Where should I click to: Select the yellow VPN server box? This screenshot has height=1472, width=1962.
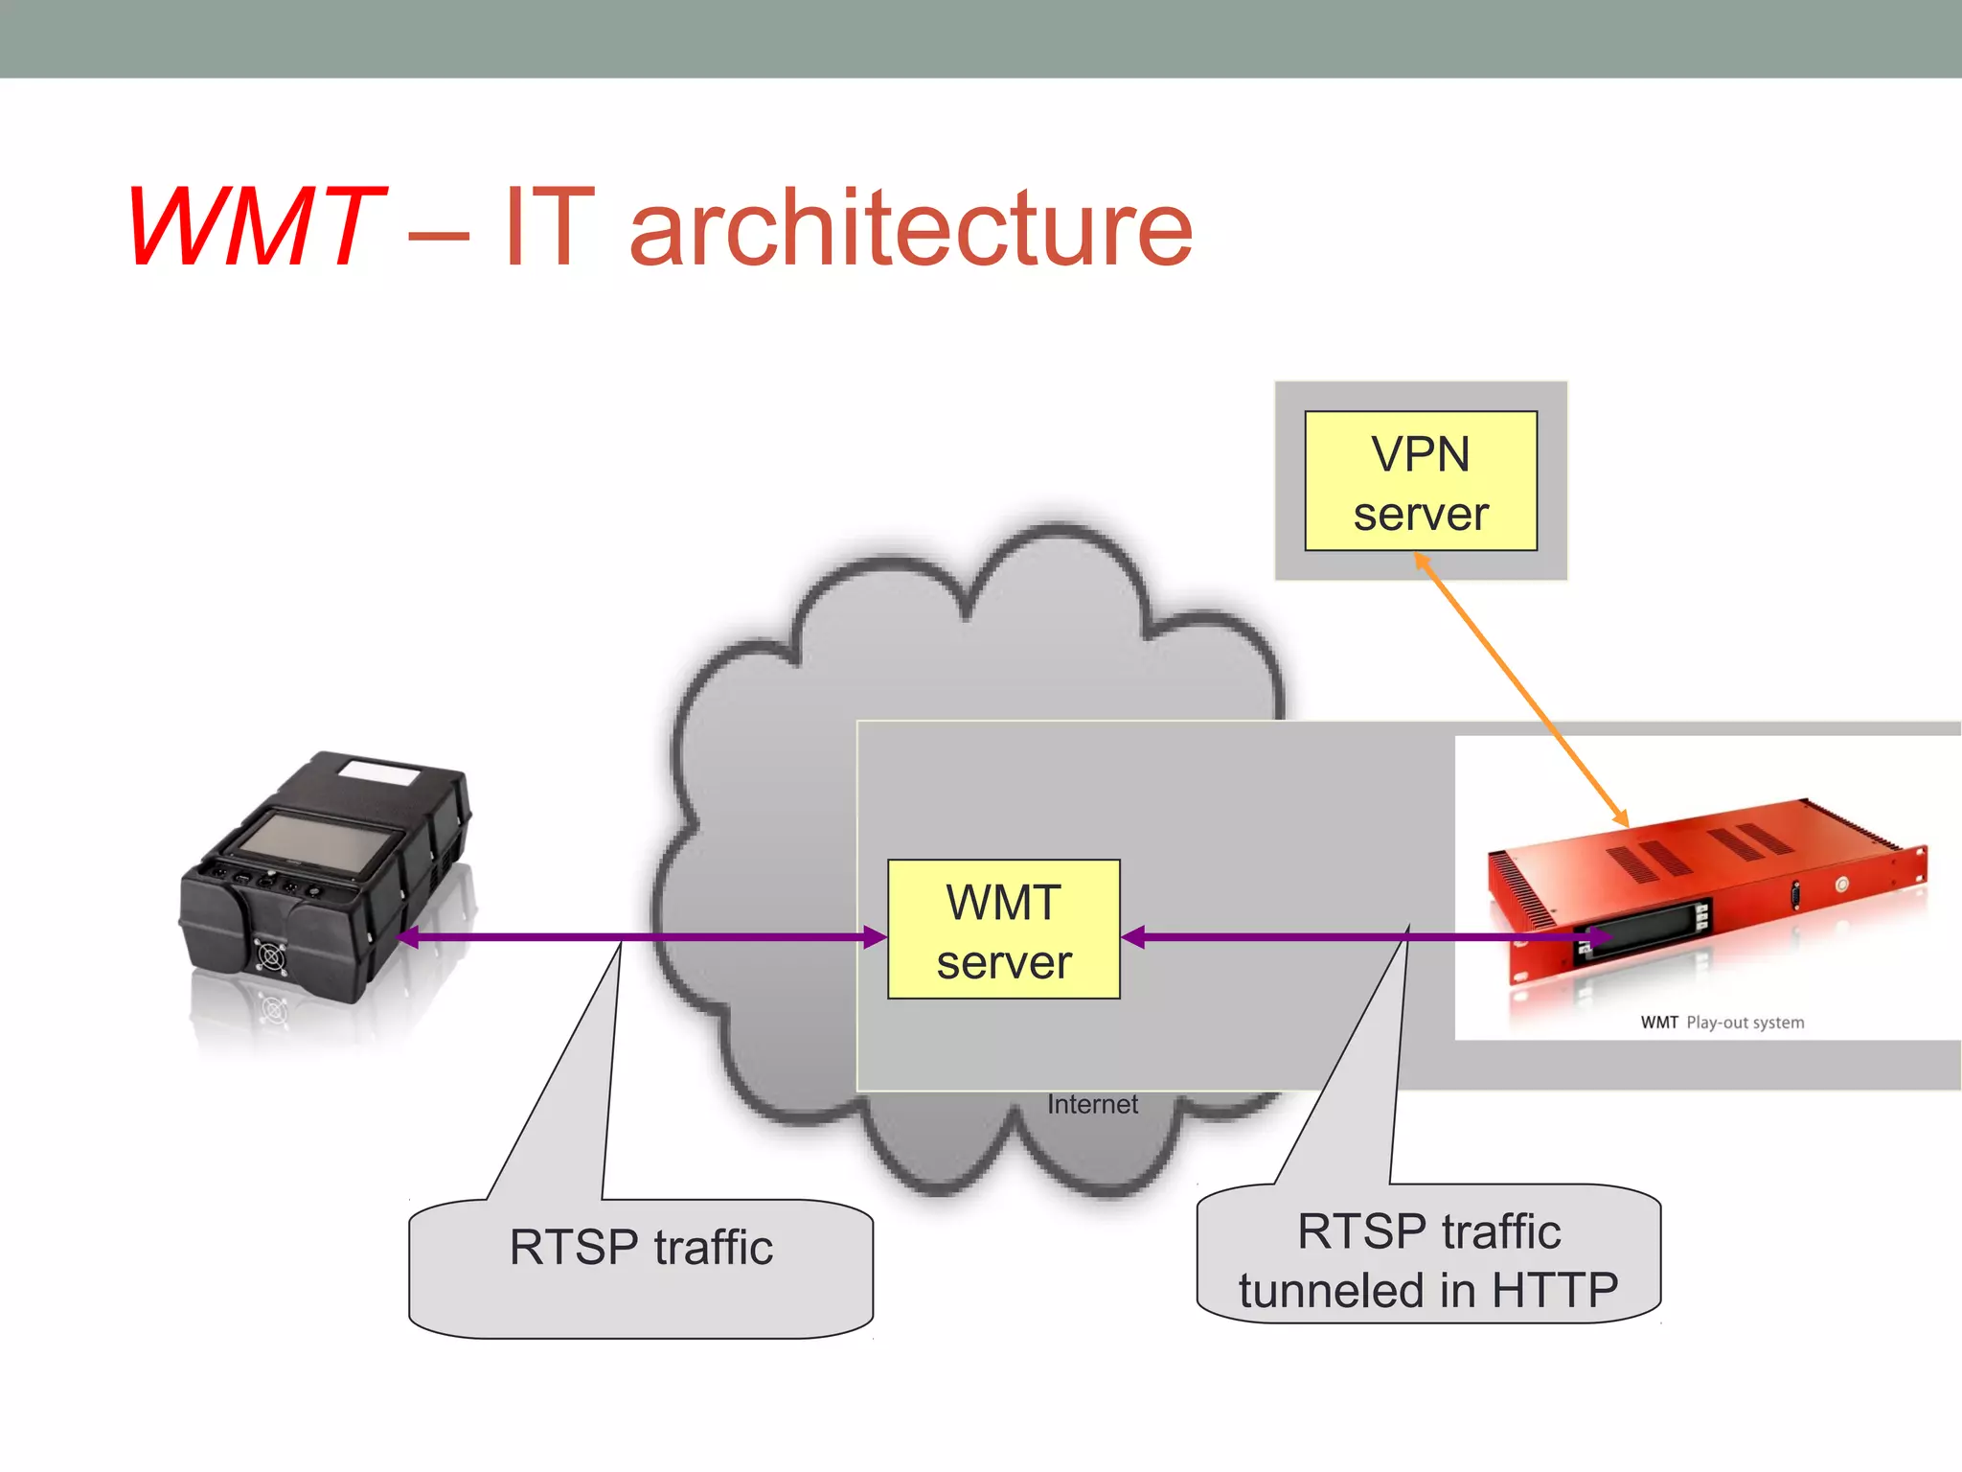[1420, 481]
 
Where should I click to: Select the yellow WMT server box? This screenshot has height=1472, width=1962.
[1003, 930]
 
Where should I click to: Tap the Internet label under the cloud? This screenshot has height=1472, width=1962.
[1092, 1105]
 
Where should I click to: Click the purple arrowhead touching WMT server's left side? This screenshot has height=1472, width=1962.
[875, 937]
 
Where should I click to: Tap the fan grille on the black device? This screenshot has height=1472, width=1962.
[271, 956]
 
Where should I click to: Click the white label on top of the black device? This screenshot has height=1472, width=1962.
[379, 772]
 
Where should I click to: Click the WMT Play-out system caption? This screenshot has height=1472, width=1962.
[1722, 1023]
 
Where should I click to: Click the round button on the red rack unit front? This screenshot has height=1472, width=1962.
[1841, 884]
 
